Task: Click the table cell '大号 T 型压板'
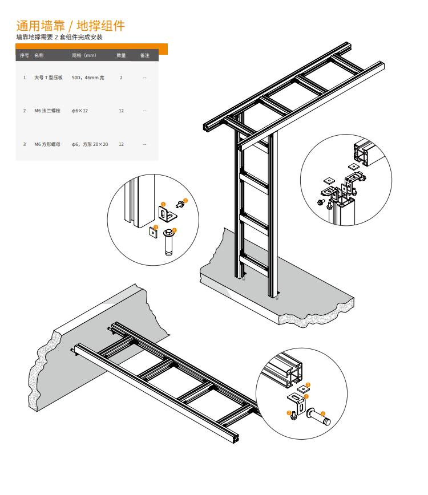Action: coord(49,78)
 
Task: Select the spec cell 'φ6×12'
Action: coord(79,111)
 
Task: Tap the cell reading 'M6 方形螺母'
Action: coord(47,144)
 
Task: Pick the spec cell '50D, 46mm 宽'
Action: coord(88,78)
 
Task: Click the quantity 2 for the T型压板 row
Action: coord(121,78)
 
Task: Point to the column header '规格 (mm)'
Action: coord(84,55)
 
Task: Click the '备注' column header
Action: coord(145,55)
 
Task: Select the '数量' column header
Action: coord(121,55)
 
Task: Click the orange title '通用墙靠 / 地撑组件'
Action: coord(70,26)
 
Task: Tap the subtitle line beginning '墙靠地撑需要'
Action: coord(59,37)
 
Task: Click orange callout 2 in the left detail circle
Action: coord(185,201)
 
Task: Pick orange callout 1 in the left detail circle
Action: coord(163,205)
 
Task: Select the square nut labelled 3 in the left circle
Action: coord(153,232)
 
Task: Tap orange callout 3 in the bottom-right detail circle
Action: coord(308,385)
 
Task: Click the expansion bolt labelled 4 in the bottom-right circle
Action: coord(318,416)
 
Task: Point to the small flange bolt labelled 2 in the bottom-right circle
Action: coord(294,416)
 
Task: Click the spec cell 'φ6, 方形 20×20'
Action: coord(90,144)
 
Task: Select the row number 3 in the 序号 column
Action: coord(25,144)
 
